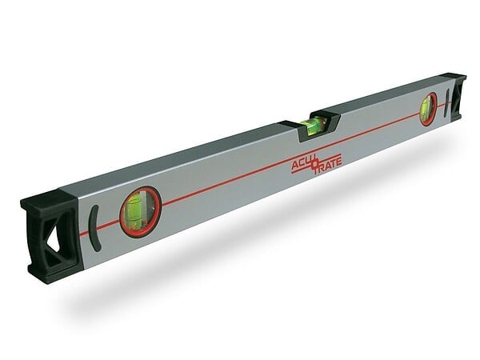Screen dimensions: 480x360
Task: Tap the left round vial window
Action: (140, 211)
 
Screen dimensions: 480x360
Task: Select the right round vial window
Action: (428, 109)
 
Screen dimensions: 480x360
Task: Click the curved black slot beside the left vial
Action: (94, 228)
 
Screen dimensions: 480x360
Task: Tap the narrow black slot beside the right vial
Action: (446, 103)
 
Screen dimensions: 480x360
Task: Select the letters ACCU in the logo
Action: (302, 165)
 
